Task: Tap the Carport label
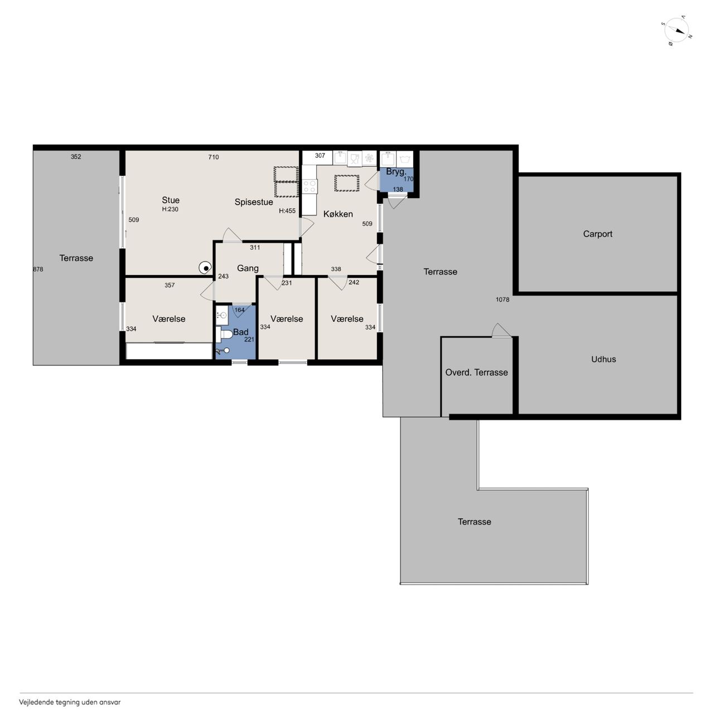597,234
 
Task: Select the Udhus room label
603,359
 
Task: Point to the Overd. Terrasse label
476,373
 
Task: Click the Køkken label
338,214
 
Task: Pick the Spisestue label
253,202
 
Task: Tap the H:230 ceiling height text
170,209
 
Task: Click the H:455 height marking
287,211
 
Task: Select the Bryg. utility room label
396,172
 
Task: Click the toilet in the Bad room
224,334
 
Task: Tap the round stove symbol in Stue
205,268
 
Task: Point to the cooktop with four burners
310,186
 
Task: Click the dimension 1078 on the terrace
503,300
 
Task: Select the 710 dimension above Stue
214,157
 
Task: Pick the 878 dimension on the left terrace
38,269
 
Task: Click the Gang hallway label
248,268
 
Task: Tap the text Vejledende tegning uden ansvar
70,702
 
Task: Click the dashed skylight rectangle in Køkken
347,183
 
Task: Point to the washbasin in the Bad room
222,315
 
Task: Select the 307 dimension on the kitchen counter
320,156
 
